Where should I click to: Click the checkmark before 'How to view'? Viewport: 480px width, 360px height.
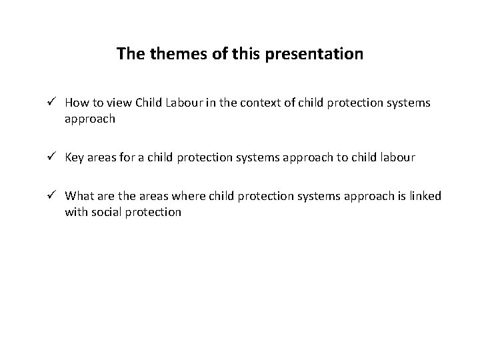click(55, 103)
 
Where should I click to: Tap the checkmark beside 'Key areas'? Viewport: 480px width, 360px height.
click(55, 157)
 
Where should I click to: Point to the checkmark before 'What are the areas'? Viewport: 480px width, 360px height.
click(55, 196)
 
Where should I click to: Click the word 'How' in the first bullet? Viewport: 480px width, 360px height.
click(75, 103)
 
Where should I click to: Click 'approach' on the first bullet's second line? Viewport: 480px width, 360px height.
click(90, 119)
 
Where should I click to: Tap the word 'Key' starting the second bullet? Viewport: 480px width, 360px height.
click(73, 158)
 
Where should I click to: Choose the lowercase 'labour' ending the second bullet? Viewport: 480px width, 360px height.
click(398, 158)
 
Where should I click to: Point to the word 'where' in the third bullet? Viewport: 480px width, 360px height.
click(189, 197)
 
